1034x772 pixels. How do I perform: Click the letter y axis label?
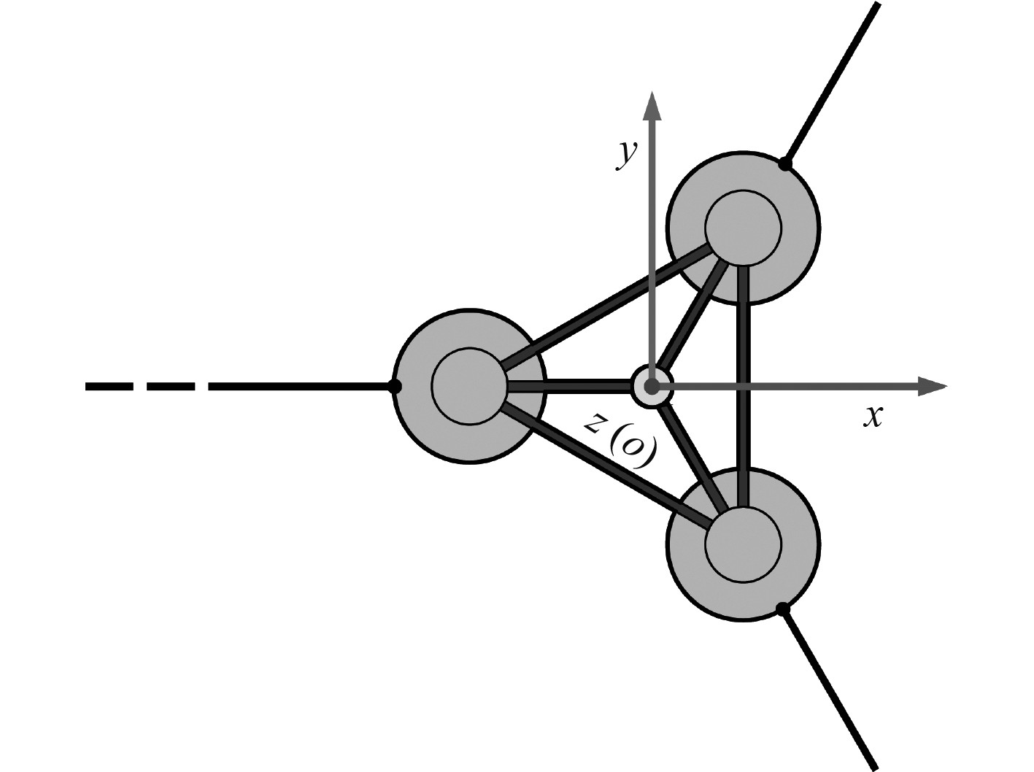pyautogui.click(x=626, y=155)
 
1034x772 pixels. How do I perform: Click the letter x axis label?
pyautogui.click(x=873, y=417)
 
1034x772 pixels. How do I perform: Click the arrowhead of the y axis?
pyautogui.click(x=651, y=106)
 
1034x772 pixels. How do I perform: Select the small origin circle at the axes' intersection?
pyautogui.click(x=651, y=386)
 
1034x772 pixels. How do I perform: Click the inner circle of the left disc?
pyautogui.click(x=469, y=386)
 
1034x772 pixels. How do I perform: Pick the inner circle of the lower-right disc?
pyautogui.click(x=744, y=544)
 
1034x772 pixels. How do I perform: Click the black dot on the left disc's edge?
pyautogui.click(x=395, y=386)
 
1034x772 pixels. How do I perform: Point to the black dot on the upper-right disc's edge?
pyautogui.click(x=784, y=164)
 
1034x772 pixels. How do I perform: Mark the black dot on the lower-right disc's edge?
pyautogui.click(x=782, y=608)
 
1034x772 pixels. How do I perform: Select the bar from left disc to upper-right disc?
pyautogui.click(x=606, y=307)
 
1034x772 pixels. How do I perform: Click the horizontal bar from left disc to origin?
pyautogui.click(x=569, y=386)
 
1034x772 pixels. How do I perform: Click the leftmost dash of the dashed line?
pyautogui.click(x=109, y=386)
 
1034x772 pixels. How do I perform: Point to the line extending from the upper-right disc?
pyautogui.click(x=832, y=84)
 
